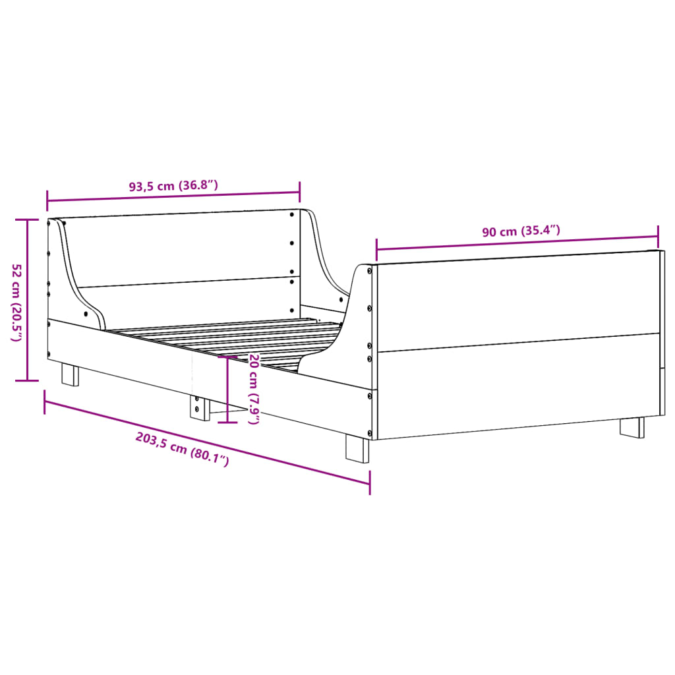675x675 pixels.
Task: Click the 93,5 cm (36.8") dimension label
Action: pos(173,186)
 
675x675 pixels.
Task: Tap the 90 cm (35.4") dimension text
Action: pos(521,231)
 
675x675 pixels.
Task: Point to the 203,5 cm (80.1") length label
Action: pos(181,449)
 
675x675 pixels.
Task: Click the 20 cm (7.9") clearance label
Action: pos(253,389)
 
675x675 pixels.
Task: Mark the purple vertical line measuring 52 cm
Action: pos(27,300)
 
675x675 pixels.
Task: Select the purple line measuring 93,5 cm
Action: pos(173,196)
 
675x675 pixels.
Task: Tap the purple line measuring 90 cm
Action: pos(517,243)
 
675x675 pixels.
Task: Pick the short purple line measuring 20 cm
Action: pos(228,389)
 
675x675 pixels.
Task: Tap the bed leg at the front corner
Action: pos(357,449)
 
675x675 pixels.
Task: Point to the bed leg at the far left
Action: pos(70,374)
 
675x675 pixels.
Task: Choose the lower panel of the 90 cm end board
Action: pos(517,386)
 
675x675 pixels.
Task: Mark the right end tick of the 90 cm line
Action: pos(658,232)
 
